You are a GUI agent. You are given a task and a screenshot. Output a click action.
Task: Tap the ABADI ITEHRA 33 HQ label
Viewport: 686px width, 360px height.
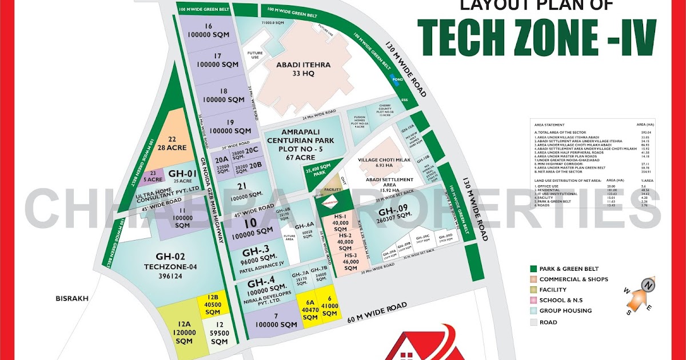click(303, 69)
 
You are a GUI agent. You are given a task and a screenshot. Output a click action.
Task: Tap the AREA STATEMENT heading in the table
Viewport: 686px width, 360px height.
click(549, 124)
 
